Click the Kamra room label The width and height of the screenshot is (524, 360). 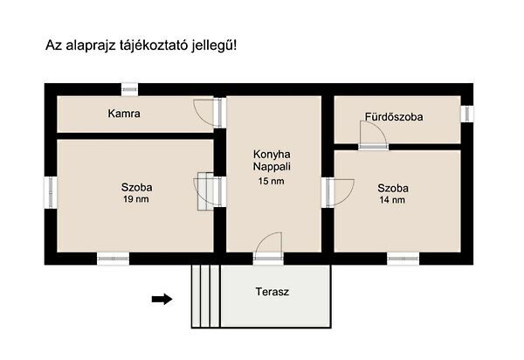125,114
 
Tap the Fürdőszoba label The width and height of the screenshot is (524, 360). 394,117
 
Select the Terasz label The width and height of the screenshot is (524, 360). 272,291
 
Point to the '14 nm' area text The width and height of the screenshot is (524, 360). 392,200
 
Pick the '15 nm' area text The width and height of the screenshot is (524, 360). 272,182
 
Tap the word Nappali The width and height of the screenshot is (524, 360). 272,165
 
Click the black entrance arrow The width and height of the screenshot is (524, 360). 162,300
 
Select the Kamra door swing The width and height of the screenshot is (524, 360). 203,111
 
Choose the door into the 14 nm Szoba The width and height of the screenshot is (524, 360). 339,190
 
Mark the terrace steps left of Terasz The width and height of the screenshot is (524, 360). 204,295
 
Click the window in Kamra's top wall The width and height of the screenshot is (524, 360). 129,88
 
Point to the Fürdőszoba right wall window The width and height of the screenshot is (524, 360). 467,113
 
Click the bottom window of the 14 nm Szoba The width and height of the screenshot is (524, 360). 402,258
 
